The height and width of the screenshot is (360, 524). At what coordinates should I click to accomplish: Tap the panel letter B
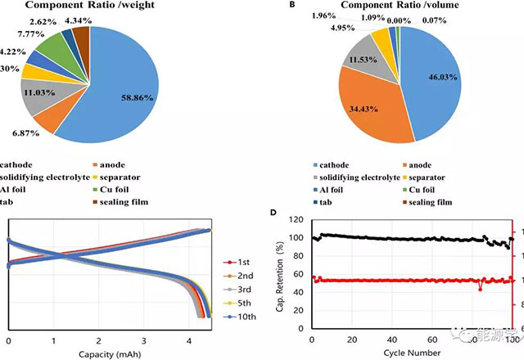(291, 5)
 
